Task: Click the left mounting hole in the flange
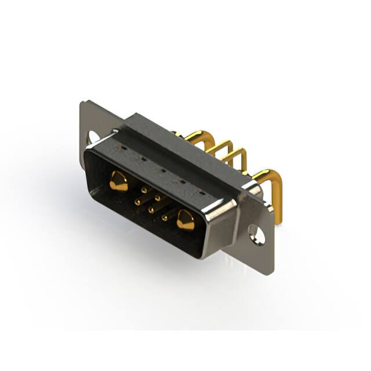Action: click(93, 137)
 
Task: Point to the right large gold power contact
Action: click(186, 220)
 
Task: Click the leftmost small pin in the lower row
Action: click(138, 201)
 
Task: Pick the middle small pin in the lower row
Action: click(151, 209)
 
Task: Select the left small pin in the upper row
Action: click(144, 188)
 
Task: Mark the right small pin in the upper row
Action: click(158, 197)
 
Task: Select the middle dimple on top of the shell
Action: click(161, 170)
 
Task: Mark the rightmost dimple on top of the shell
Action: click(201, 192)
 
